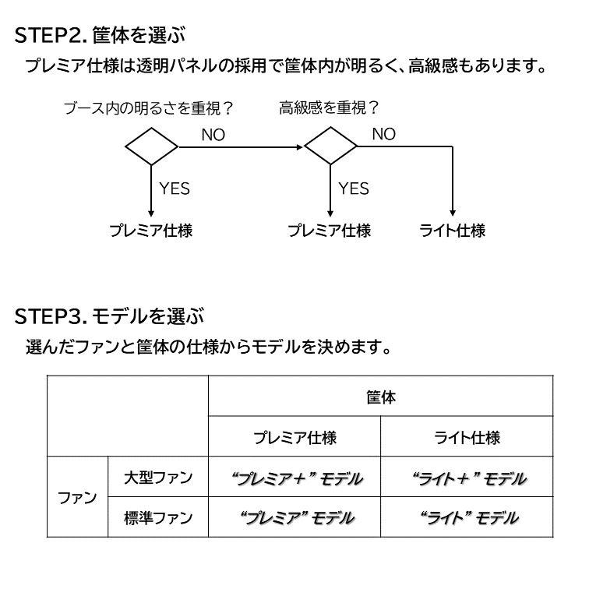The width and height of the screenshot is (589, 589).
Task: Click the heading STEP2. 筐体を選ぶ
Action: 100,35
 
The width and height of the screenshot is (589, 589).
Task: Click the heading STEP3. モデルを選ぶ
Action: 109,316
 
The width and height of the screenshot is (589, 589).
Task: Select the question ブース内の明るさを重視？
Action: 148,108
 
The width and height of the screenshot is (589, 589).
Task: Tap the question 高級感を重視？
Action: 329,108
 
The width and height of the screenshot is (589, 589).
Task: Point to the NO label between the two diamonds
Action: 213,135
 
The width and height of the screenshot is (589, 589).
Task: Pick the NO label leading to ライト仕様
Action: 384,134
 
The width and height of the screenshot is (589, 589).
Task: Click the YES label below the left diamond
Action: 175,189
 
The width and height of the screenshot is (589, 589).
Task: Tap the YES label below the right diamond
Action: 354,189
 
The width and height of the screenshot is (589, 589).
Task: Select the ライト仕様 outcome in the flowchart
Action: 452,231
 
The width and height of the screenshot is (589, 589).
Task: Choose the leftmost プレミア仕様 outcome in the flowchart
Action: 150,231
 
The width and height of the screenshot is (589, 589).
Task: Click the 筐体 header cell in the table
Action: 380,397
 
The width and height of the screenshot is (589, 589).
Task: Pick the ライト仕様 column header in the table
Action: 467,438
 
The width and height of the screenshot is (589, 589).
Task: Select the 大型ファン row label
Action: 158,478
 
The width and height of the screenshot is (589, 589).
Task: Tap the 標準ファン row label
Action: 158,518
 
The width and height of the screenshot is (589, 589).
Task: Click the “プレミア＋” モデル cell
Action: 297,478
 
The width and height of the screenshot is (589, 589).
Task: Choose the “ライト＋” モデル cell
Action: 469,478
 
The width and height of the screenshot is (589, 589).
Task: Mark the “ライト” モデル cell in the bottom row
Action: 469,518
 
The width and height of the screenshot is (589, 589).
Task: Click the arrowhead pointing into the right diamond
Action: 300,147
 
